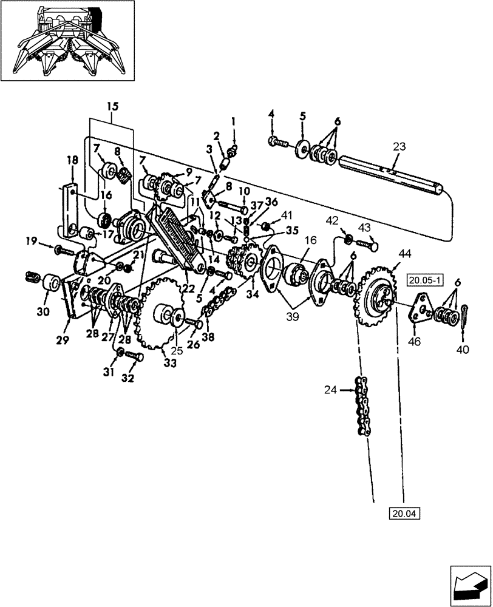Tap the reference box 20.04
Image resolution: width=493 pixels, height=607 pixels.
pos(405,514)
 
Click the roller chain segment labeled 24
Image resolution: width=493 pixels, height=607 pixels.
pos(362,410)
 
